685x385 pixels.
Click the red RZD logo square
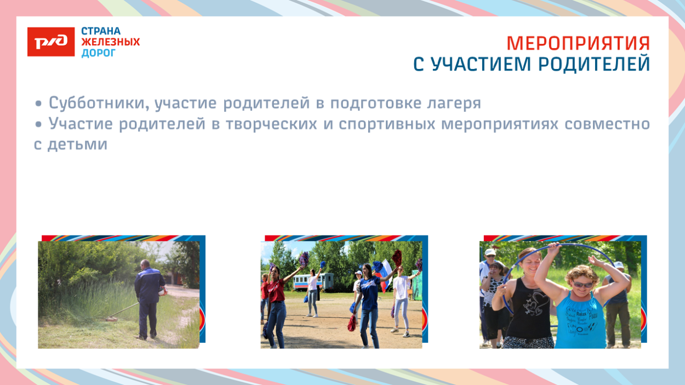[x=51, y=42]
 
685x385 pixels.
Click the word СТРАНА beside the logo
[x=101, y=31]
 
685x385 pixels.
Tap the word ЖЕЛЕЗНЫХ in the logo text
[x=111, y=42]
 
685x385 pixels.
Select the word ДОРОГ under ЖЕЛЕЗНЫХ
[x=99, y=53]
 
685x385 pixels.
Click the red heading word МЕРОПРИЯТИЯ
[x=578, y=43]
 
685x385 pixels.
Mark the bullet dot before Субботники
[x=38, y=104]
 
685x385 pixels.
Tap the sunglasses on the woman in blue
[x=582, y=284]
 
